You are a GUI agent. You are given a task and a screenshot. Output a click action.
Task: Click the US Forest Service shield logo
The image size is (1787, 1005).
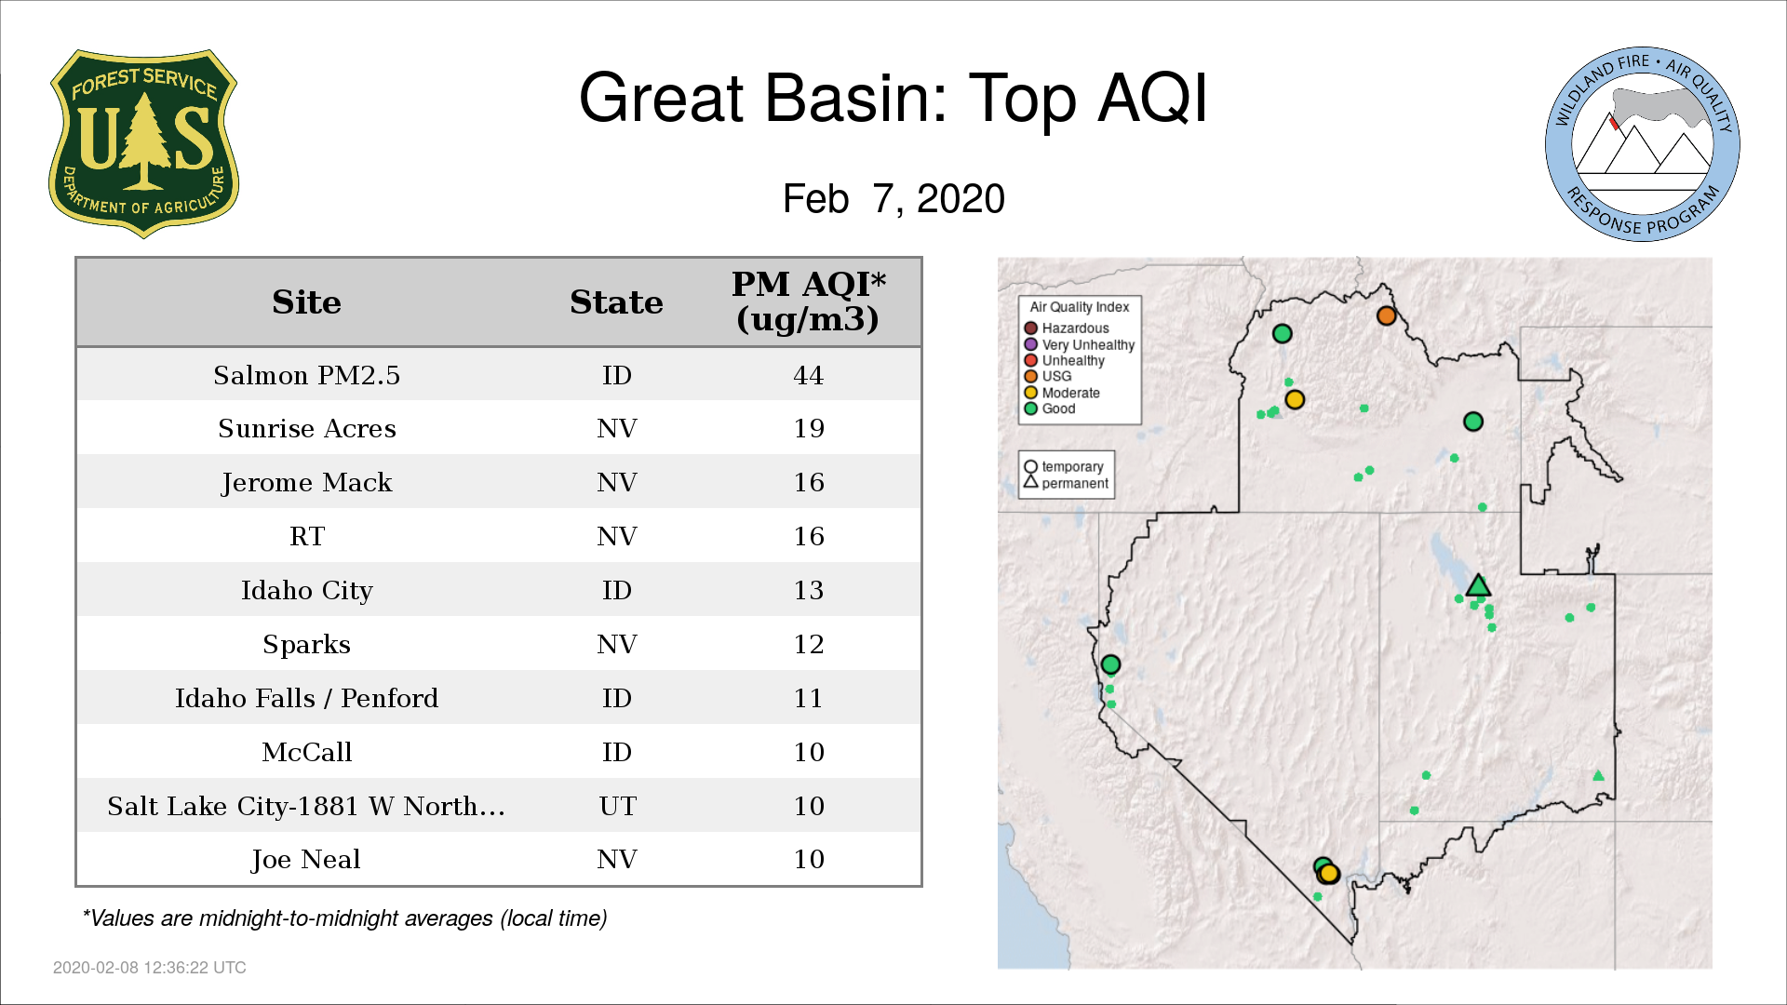click(x=143, y=143)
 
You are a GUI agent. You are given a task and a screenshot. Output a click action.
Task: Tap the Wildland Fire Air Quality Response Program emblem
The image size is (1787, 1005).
click(x=1643, y=144)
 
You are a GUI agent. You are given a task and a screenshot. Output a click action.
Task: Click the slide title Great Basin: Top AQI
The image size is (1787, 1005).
click(x=893, y=99)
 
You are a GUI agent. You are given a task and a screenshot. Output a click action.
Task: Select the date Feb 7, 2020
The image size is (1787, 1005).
click(x=893, y=198)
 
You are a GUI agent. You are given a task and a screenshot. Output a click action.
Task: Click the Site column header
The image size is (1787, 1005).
click(x=306, y=302)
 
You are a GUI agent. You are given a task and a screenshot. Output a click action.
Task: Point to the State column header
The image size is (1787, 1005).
click(x=616, y=302)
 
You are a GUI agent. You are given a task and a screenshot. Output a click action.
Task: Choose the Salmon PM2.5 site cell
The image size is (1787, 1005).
click(x=306, y=375)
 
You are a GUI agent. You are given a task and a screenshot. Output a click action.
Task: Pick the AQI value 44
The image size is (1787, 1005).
click(x=808, y=375)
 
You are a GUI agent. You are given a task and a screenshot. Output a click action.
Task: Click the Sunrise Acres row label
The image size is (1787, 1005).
click(x=306, y=428)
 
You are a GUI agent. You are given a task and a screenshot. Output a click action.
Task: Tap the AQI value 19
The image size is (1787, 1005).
click(x=808, y=428)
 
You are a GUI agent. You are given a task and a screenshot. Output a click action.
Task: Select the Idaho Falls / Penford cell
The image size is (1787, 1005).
click(x=306, y=698)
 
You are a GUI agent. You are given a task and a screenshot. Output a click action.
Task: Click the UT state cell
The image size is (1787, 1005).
click(x=617, y=806)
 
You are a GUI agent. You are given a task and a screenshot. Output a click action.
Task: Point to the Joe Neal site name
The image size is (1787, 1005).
click(x=305, y=859)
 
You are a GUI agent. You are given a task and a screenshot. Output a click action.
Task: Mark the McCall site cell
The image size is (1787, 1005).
click(x=306, y=752)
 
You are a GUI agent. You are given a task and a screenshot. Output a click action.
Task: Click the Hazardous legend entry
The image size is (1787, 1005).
click(x=1067, y=328)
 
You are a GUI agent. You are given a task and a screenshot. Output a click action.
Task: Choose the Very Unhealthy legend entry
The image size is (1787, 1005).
click(x=1080, y=344)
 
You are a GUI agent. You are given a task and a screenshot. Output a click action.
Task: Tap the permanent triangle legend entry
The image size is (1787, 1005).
click(x=1066, y=483)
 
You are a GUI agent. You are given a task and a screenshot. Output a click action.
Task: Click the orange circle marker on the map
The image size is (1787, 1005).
click(x=1386, y=315)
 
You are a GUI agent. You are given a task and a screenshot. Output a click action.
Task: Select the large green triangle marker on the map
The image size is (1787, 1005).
click(x=1478, y=585)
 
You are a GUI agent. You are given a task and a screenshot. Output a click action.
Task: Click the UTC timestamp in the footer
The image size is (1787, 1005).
click(x=150, y=968)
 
